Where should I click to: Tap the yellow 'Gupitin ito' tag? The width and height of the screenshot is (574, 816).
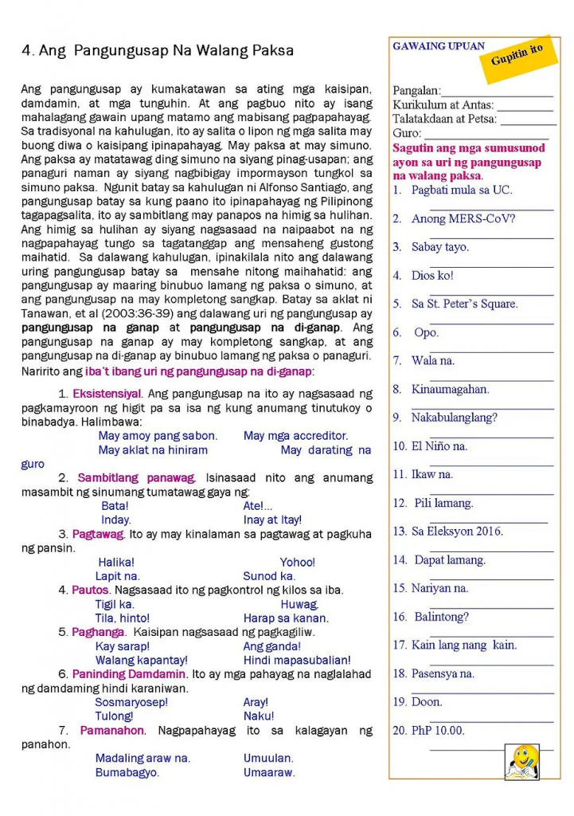[x=517, y=55]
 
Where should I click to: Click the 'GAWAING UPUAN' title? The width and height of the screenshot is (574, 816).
[x=438, y=46]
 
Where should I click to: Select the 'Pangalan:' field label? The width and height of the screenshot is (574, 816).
[x=416, y=91]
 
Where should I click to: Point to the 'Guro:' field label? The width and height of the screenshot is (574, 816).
[x=407, y=133]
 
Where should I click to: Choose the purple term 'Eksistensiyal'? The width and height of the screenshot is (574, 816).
[x=107, y=393]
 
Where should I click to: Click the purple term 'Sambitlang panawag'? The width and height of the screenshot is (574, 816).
[x=136, y=477]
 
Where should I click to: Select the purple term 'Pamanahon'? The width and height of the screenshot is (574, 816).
[x=112, y=730]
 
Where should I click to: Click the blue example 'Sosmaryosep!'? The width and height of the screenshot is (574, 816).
[x=131, y=702]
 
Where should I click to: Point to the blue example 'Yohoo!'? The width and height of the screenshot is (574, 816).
[x=297, y=562]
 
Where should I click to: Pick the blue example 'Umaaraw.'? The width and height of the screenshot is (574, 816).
[x=269, y=772]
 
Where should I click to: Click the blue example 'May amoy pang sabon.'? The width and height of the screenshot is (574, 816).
[x=158, y=436]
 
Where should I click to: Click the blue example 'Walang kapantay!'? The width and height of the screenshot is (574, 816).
[x=141, y=660]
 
